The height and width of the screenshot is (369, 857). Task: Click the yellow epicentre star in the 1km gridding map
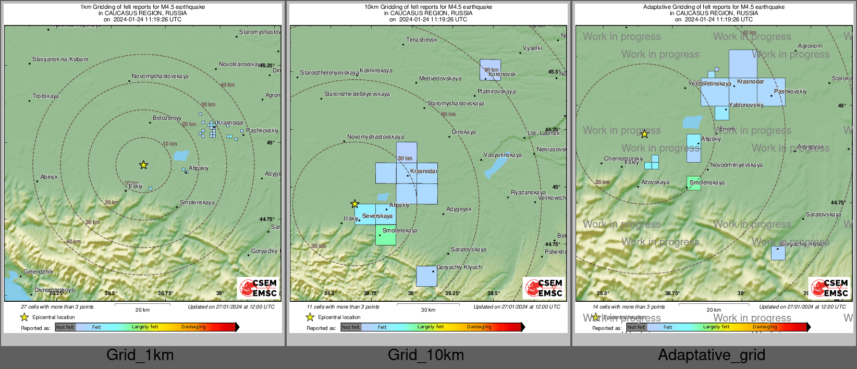tap(143, 165)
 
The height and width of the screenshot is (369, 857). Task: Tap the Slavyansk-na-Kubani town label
tap(60, 59)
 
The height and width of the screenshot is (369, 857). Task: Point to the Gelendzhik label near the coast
tap(38, 272)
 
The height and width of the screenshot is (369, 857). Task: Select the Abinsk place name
tap(49, 177)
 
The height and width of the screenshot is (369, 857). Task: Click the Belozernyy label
tap(167, 118)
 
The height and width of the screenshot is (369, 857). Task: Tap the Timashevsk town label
tap(421, 40)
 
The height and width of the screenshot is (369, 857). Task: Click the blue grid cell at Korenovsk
tap(490, 70)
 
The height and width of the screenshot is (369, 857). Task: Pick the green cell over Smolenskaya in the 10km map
tap(386, 235)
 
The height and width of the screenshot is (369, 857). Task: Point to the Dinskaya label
tap(463, 132)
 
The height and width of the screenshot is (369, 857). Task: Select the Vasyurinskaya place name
tap(503, 155)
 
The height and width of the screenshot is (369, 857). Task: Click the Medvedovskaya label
tap(440, 79)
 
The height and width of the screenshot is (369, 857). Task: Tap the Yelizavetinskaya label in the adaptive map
tap(709, 84)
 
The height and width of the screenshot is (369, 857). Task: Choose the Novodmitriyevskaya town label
tap(736, 165)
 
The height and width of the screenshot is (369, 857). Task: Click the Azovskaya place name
tap(655, 182)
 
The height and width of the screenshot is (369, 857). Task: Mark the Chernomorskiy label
tap(623, 159)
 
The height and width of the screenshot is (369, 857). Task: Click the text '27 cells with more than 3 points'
tap(57, 307)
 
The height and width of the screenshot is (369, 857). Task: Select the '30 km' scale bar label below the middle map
tap(428, 310)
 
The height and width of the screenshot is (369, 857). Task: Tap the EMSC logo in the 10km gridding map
tap(544, 288)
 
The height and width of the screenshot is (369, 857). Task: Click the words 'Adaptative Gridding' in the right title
tap(670, 7)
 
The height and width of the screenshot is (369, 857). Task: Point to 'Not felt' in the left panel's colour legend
tap(65, 327)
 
